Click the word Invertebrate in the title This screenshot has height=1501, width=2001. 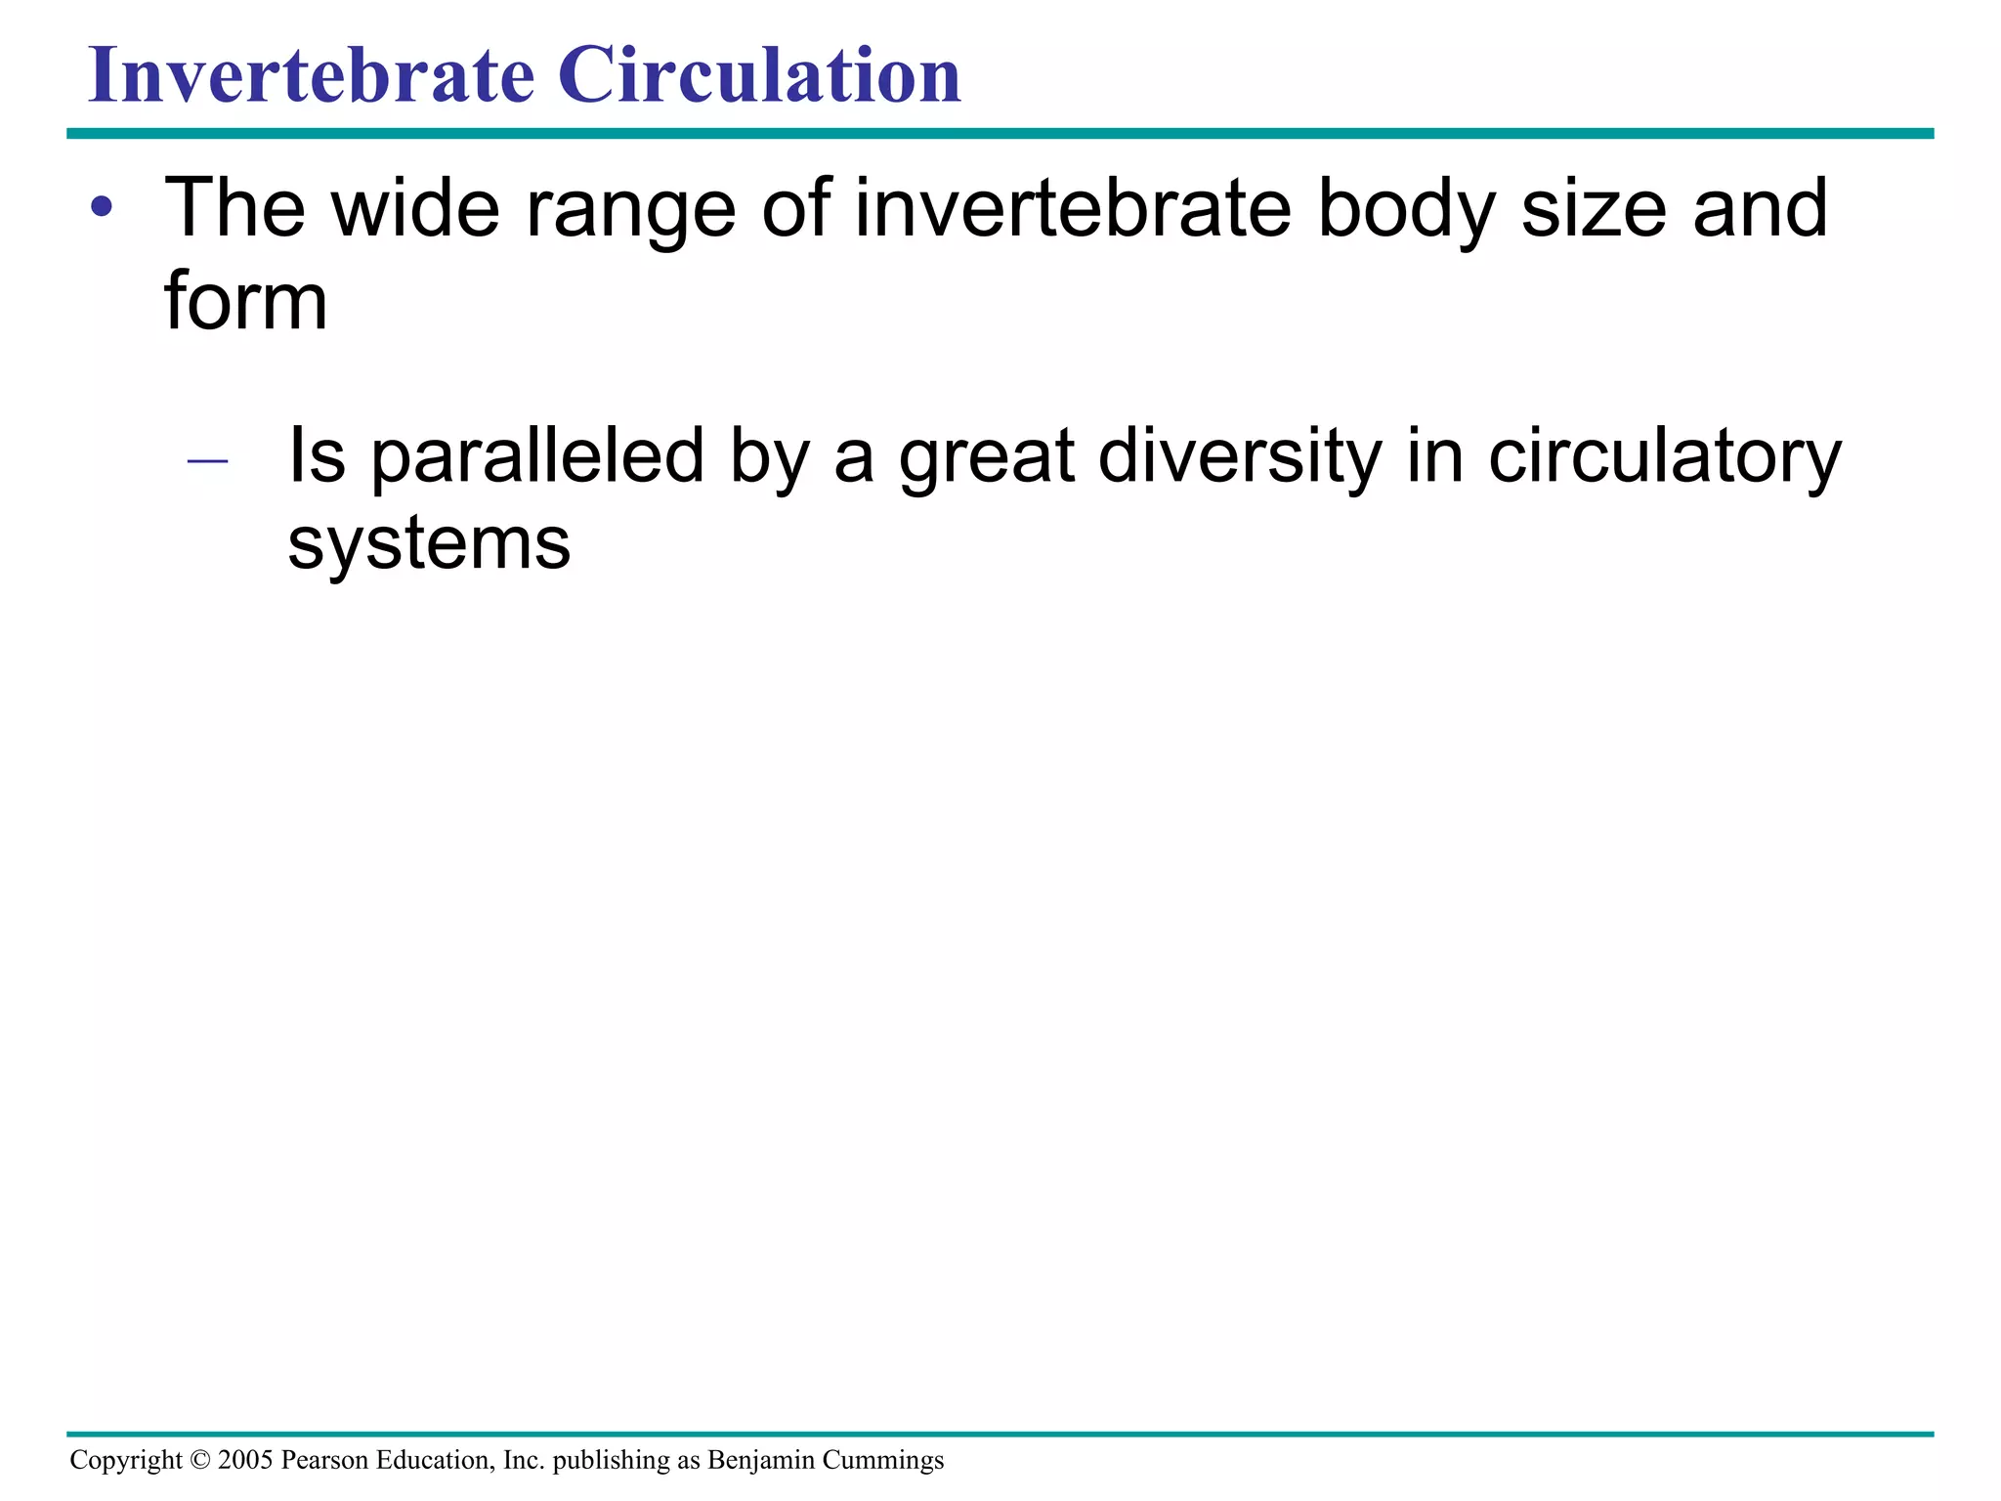312,75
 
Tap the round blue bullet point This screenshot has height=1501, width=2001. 102,207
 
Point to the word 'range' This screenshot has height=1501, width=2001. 630,209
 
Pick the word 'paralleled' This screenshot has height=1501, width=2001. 537,456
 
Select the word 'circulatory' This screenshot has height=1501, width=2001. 1664,456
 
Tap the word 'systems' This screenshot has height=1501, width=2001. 429,544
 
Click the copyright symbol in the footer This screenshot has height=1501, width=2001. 200,1460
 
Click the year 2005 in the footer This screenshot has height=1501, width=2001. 245,1460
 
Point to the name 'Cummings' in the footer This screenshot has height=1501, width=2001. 882,1460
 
